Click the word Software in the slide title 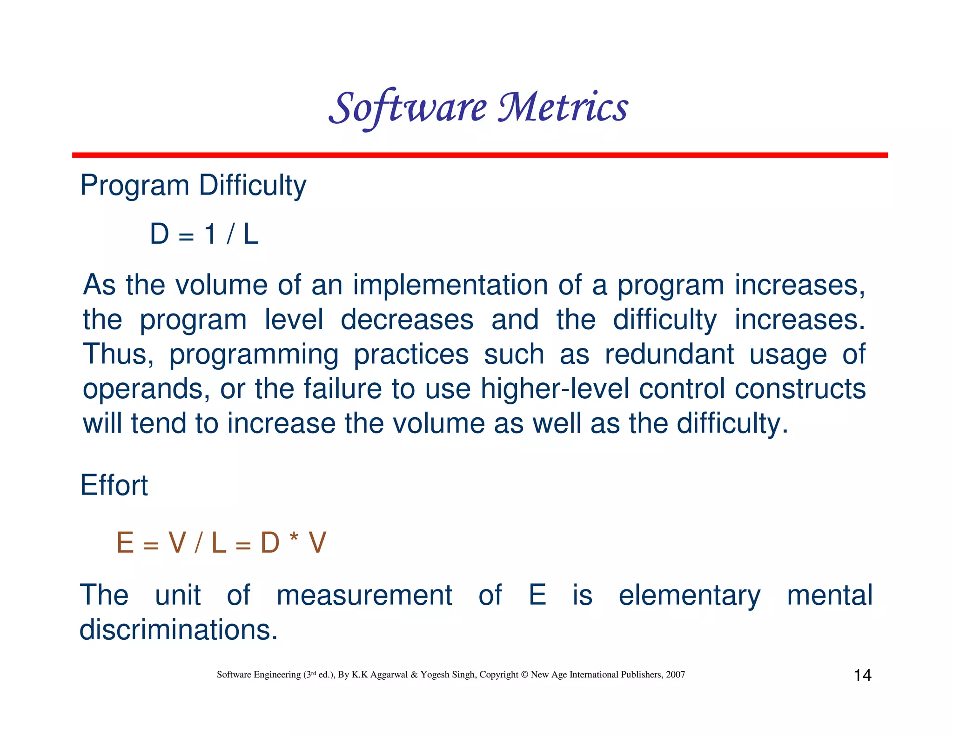coord(408,108)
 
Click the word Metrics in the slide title coord(563,108)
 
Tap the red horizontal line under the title coord(479,155)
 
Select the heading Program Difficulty coord(193,186)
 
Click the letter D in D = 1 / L coord(159,234)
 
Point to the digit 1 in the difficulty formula coord(210,234)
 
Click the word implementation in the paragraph coord(450,285)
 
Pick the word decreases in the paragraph coord(407,320)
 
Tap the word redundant coord(669,354)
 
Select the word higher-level coord(555,388)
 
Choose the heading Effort coord(114,485)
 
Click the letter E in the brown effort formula coord(125,543)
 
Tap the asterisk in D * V coord(293,540)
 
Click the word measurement coord(364,595)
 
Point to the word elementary coord(689,595)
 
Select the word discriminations coord(178,629)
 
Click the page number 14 coord(862,675)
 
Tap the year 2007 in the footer coord(675,675)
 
